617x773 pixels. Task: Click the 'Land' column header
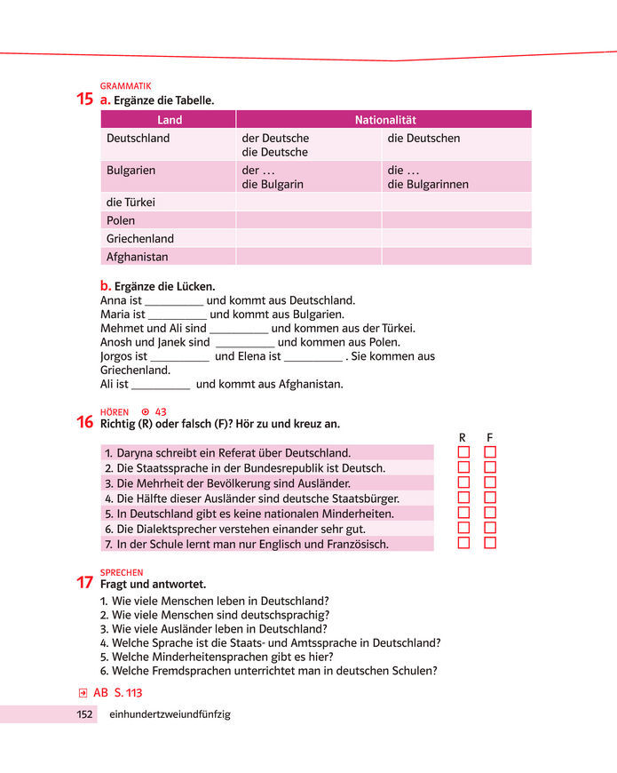coord(169,120)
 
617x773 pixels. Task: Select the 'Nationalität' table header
coord(385,120)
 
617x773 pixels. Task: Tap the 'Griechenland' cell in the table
coord(140,239)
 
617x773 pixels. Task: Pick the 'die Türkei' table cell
coord(131,203)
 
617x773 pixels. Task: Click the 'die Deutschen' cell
coord(423,139)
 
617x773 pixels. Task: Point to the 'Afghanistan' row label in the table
coord(137,258)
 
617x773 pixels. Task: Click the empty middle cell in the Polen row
coord(308,220)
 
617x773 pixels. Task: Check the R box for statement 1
coord(463,452)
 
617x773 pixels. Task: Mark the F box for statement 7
coord(490,543)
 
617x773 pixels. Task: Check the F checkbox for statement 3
coord(490,482)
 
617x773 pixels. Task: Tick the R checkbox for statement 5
coord(463,513)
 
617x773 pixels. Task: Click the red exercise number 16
coord(85,423)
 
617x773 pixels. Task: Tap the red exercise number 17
coord(85,583)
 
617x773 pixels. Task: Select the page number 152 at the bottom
coord(84,714)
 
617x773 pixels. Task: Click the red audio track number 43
coord(161,412)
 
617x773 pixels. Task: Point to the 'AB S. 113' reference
coord(117,693)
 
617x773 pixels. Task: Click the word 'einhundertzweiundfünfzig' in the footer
coord(170,714)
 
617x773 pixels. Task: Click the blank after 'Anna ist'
coord(174,301)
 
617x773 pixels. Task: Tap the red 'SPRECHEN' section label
coord(122,573)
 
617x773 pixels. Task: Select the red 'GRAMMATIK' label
coord(125,86)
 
